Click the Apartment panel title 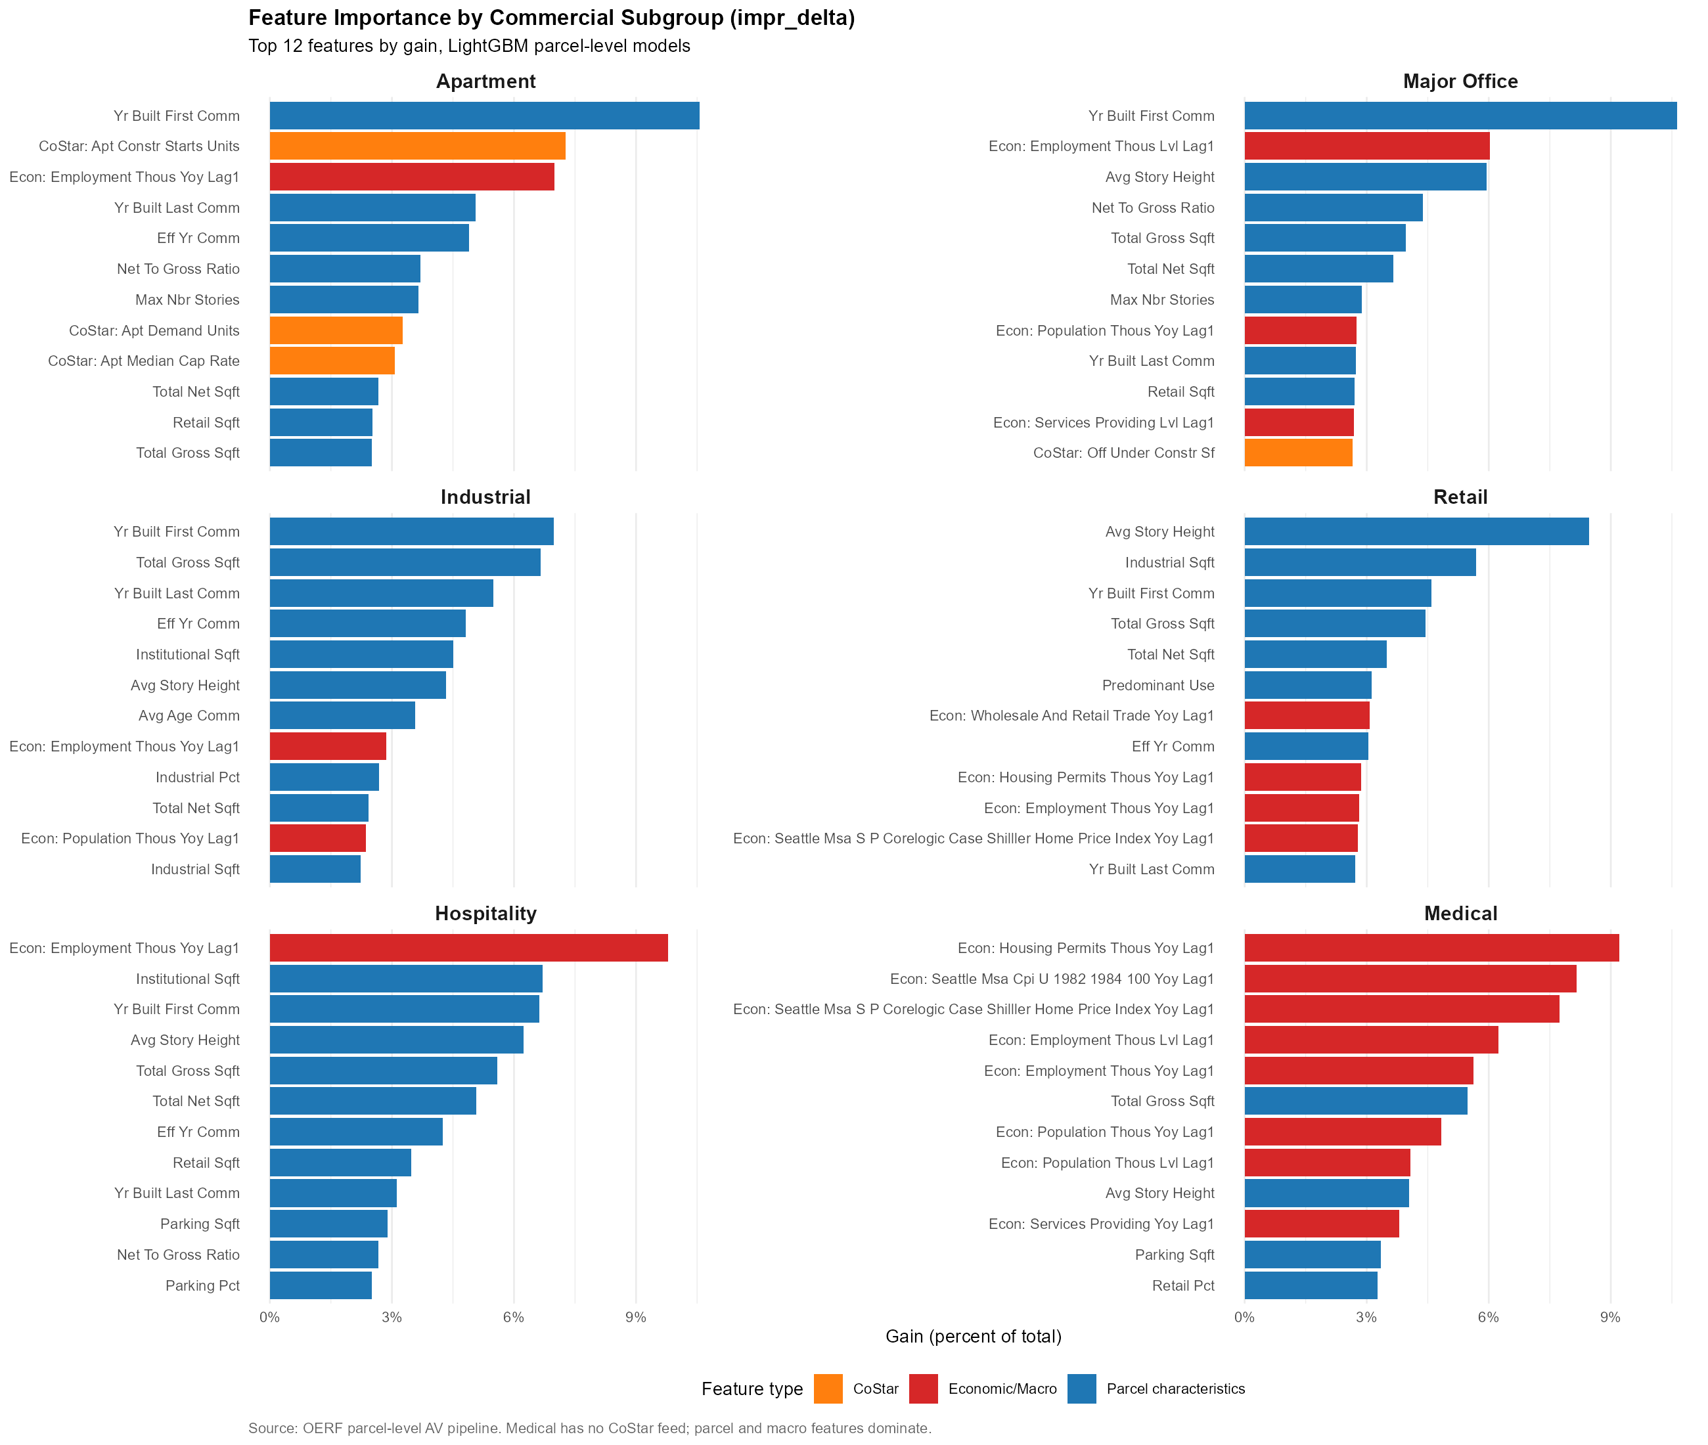pos(485,81)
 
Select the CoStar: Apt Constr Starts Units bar pos(417,146)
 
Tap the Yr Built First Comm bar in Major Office pos(1459,116)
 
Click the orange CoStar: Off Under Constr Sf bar pos(1297,453)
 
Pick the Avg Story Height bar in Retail pos(1416,531)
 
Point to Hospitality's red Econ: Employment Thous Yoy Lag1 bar pos(468,948)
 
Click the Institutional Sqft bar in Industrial pos(361,654)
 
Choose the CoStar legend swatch pos(828,1389)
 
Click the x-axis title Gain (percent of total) pos(972,1337)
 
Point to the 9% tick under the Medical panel pos(1609,1317)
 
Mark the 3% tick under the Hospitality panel pos(392,1317)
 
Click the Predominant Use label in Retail pos(1157,686)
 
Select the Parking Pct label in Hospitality pos(202,1285)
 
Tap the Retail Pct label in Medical pos(1183,1285)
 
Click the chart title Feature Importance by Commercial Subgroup pos(551,18)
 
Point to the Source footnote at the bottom pos(589,1428)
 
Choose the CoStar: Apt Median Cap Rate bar pos(332,361)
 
